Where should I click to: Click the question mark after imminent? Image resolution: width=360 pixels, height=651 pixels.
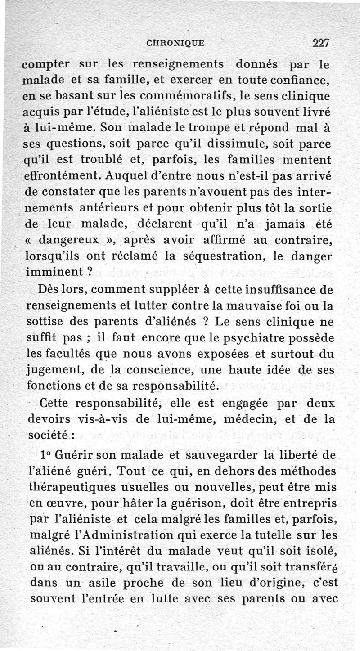(x=90, y=272)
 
